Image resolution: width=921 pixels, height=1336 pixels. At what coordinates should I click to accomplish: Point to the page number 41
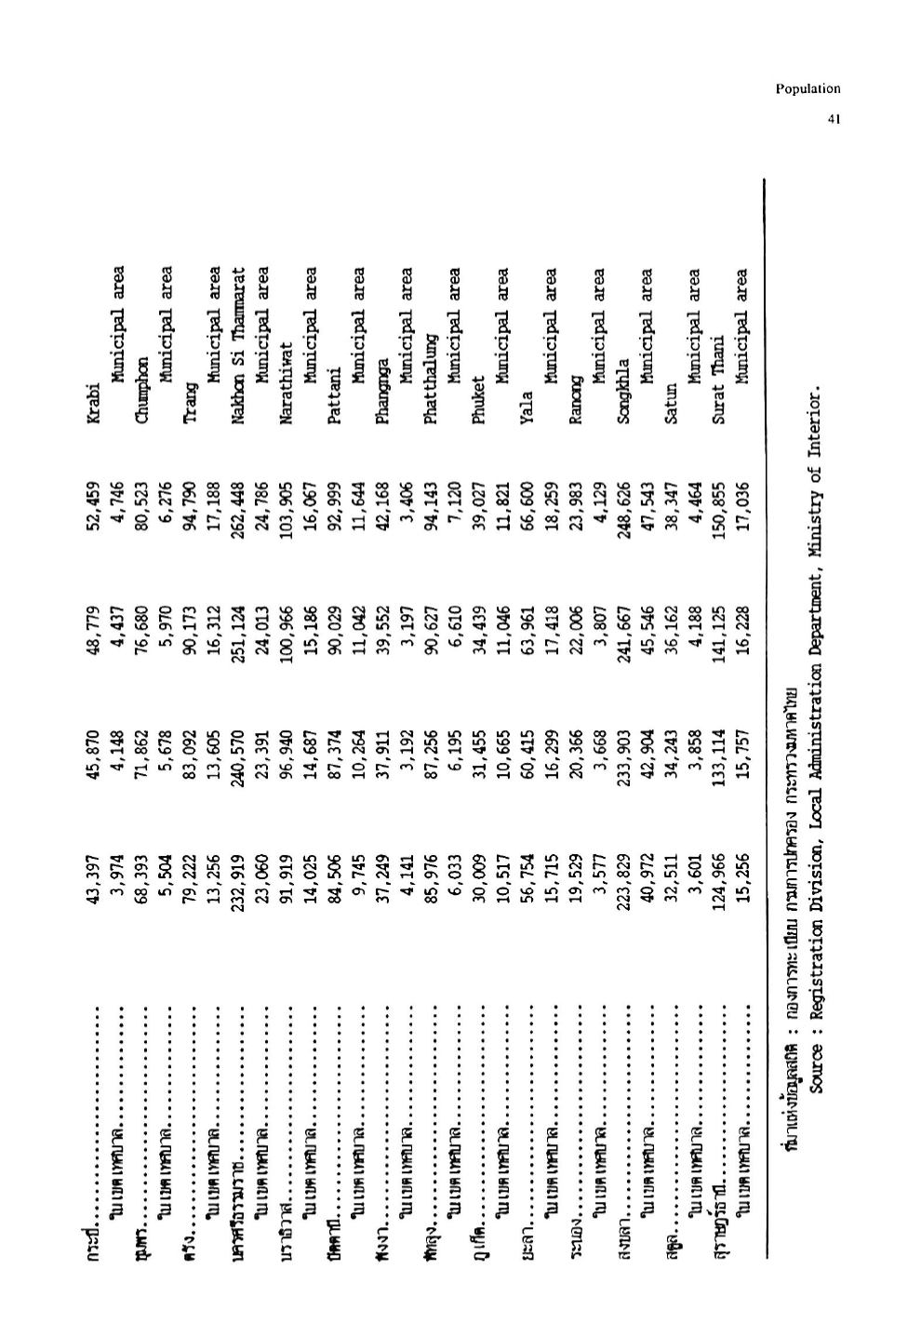tap(834, 119)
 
